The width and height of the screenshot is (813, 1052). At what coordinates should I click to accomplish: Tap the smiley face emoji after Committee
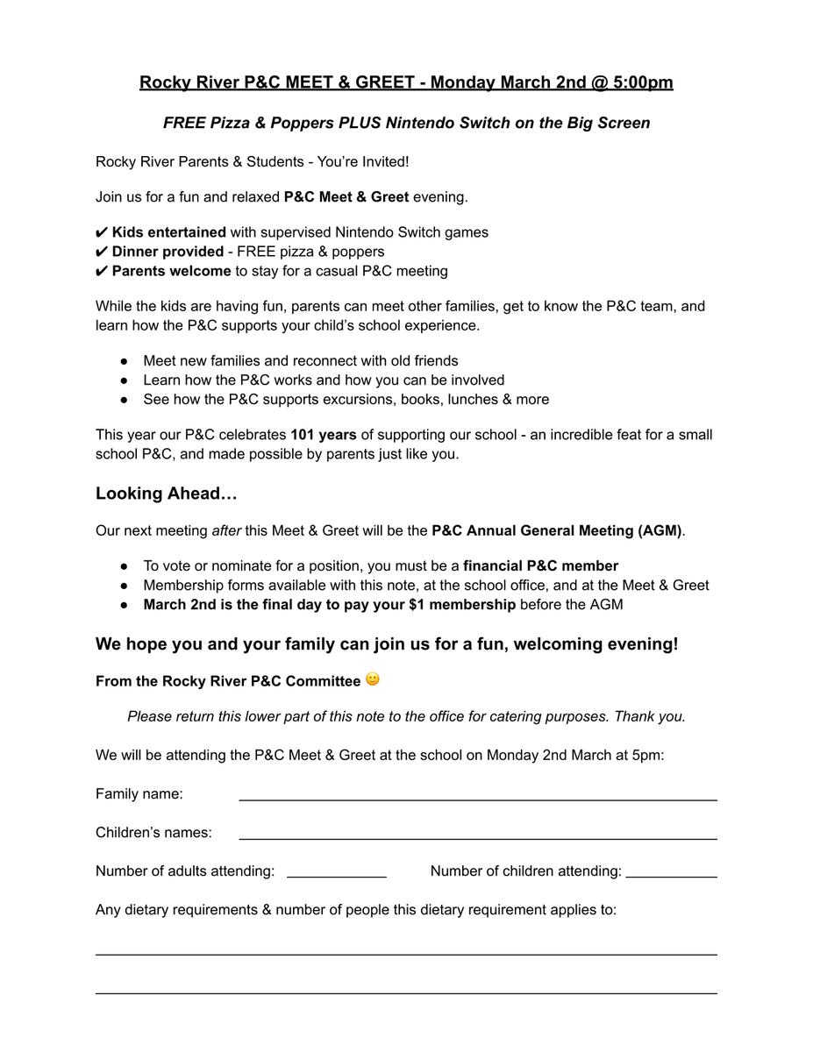(373, 679)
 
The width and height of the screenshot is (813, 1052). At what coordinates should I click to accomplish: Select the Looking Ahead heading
(167, 494)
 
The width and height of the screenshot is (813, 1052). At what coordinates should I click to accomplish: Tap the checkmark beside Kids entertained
(102, 232)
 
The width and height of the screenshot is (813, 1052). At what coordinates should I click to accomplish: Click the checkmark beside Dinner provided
(102, 252)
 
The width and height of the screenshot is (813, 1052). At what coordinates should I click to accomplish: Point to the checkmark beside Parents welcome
(102, 271)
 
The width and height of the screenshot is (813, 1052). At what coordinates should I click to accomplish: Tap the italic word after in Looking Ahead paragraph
(226, 530)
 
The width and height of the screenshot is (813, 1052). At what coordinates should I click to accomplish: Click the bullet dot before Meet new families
(125, 361)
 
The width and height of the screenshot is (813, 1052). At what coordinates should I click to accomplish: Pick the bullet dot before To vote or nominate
(125, 566)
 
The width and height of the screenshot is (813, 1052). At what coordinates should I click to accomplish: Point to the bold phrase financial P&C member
(540, 566)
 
